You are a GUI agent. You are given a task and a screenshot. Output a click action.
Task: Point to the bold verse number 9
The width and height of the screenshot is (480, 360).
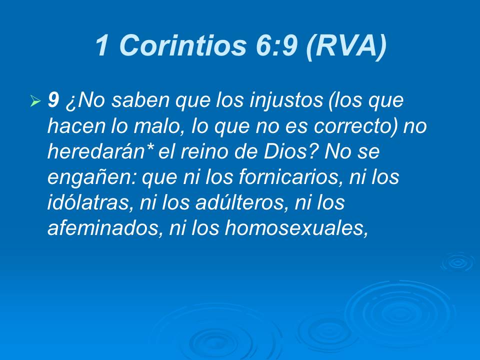pos(53,101)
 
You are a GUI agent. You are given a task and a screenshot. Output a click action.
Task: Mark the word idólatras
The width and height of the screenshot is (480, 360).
pos(88,203)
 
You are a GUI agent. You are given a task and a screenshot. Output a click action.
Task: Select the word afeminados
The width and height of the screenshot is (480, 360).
pos(104,228)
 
